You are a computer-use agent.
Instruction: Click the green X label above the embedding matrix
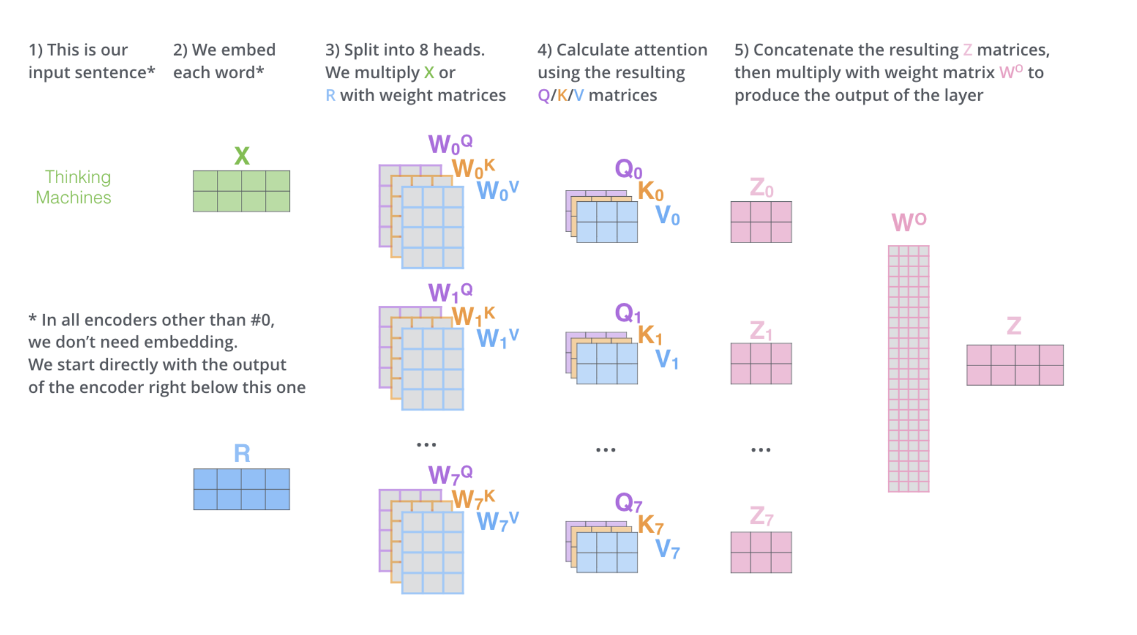tap(241, 156)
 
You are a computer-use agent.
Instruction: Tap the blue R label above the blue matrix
tap(241, 453)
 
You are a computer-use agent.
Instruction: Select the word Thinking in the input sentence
tap(78, 177)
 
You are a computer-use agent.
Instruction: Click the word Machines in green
tap(73, 198)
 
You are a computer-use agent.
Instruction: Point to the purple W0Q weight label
tap(450, 144)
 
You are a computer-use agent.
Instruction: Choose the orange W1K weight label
tap(473, 316)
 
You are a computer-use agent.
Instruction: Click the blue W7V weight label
tap(497, 522)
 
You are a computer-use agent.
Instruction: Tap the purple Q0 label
tap(628, 169)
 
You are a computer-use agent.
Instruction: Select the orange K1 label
tap(650, 335)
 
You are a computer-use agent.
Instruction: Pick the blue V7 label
tap(667, 549)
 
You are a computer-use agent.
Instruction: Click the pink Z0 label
tap(761, 188)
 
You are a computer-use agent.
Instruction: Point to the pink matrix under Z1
tap(761, 363)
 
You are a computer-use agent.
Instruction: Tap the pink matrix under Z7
tap(761, 552)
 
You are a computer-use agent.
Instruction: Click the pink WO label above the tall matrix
tap(908, 222)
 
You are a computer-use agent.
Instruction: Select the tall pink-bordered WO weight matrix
tap(908, 369)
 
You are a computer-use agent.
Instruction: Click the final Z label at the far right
tap(1014, 326)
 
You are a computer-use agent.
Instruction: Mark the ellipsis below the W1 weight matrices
tap(426, 445)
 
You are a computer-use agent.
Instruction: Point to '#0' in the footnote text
tap(260, 320)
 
